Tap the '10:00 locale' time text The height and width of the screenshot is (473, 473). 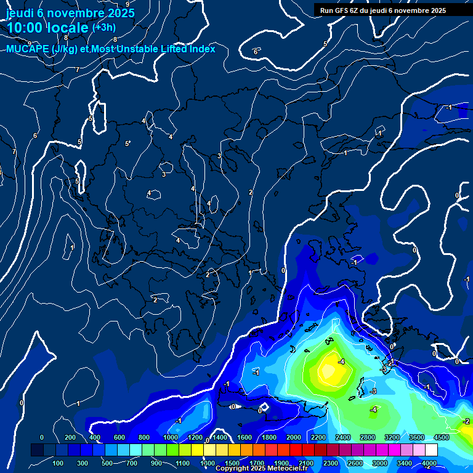tap(47, 28)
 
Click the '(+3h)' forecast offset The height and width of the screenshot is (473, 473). tap(103, 28)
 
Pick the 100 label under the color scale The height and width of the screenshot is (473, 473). tap(59, 463)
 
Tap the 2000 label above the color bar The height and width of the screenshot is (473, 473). tap(293, 437)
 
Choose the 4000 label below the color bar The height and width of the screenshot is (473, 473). tap(429, 463)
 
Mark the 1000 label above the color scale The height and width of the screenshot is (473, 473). tap(170, 437)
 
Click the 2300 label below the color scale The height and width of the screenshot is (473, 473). tap(330, 463)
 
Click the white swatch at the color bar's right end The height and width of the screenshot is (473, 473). tap(432, 450)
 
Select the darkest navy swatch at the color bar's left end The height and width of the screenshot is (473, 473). tap(37, 450)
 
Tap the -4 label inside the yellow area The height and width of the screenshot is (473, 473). tap(341, 361)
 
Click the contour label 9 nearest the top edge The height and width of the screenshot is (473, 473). tap(127, 4)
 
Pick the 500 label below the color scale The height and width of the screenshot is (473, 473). tap(108, 463)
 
